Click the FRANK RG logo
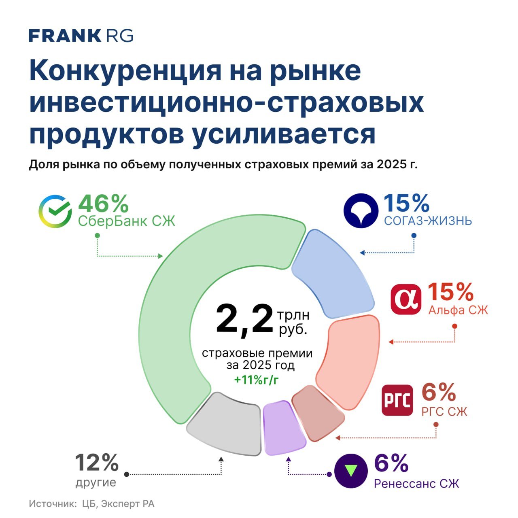[81, 36]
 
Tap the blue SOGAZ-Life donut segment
[332, 271]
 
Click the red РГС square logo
[397, 400]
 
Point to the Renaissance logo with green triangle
[351, 471]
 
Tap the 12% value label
[97, 463]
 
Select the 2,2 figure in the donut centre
[244, 319]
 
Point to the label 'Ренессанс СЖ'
[416, 484]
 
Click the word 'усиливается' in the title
[283, 134]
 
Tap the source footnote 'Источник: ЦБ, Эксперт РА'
[92, 504]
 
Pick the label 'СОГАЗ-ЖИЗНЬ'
[428, 221]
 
